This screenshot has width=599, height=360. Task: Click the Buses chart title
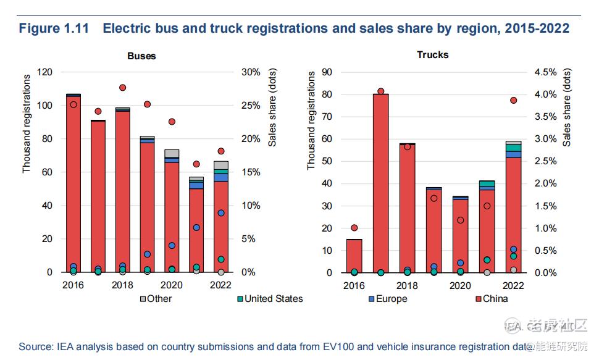coord(141,56)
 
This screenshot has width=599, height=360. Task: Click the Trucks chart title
coord(432,54)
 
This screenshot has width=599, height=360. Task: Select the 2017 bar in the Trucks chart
coord(380,185)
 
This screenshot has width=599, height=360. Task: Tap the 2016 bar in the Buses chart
coord(73,185)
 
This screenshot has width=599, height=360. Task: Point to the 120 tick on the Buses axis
coord(44,72)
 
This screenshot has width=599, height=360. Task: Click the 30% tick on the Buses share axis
coord(251,72)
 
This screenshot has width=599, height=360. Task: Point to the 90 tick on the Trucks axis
coord(328,72)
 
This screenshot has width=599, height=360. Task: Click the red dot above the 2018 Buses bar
coord(122,88)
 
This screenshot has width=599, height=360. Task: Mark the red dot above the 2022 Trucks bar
coord(513,101)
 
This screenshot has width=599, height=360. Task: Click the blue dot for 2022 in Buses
coord(220,213)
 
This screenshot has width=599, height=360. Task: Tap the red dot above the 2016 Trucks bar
coord(354,228)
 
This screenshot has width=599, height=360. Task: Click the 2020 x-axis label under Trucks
coord(460,285)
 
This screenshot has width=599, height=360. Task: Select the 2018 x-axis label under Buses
coord(122,285)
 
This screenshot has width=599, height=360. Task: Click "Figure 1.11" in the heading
coord(54,28)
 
